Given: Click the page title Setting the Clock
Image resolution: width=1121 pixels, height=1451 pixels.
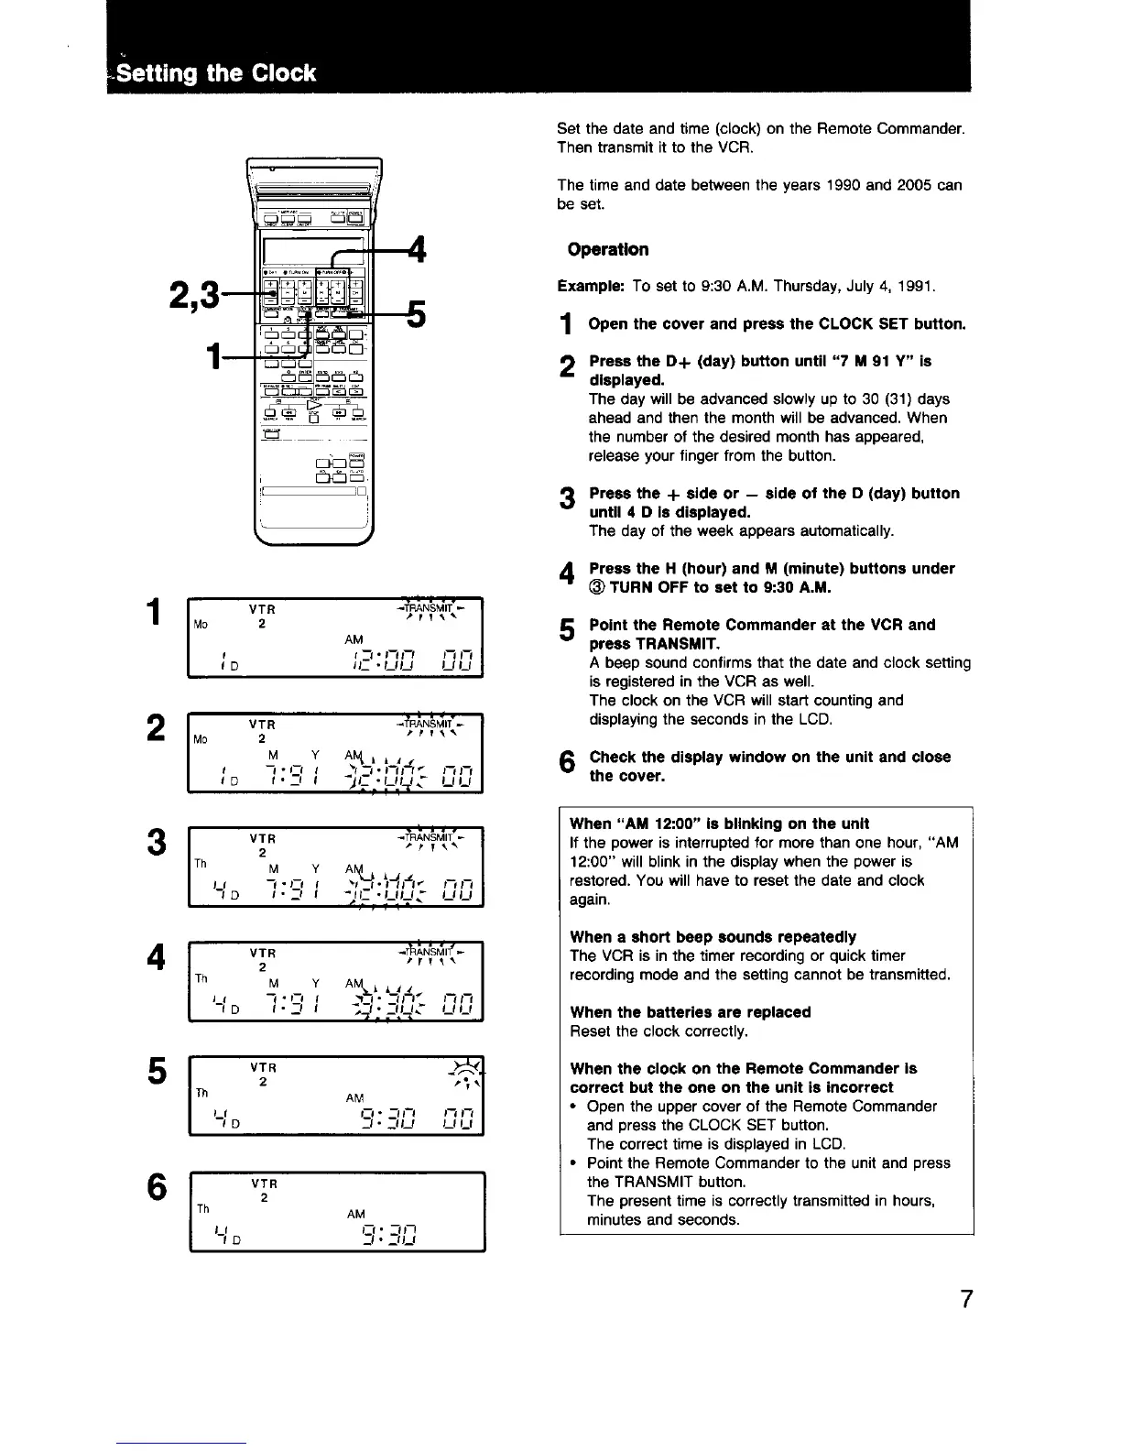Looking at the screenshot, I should click(x=216, y=72).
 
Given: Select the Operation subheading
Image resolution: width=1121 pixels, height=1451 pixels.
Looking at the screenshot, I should click(x=607, y=249).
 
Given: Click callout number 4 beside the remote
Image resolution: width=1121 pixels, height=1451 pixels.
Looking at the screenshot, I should click(x=417, y=250).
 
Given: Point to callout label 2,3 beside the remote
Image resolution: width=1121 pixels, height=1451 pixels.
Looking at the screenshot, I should click(x=194, y=295).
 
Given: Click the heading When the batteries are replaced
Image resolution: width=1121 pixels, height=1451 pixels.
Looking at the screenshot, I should click(x=690, y=1012).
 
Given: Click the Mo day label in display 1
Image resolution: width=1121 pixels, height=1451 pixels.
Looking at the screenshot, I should click(x=201, y=625).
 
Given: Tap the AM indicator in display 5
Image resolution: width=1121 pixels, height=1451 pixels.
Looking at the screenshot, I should click(x=354, y=1098).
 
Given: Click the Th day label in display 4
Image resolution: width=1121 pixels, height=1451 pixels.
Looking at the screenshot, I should click(x=201, y=978).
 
